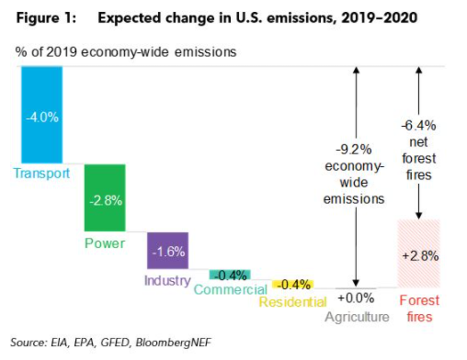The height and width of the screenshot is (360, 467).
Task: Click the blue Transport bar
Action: pos(41,116)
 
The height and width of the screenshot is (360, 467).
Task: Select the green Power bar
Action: pos(103,199)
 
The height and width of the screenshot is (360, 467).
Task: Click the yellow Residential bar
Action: pos(292,283)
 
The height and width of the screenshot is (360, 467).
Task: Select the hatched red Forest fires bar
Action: pos(418,253)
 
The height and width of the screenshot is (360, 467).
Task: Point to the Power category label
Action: pos(104,244)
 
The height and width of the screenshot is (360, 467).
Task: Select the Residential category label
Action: pos(291,301)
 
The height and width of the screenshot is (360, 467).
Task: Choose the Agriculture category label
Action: pos(357,316)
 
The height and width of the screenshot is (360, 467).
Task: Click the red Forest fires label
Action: pos(418,309)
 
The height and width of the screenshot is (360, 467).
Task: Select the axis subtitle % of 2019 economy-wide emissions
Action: pos(126,51)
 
